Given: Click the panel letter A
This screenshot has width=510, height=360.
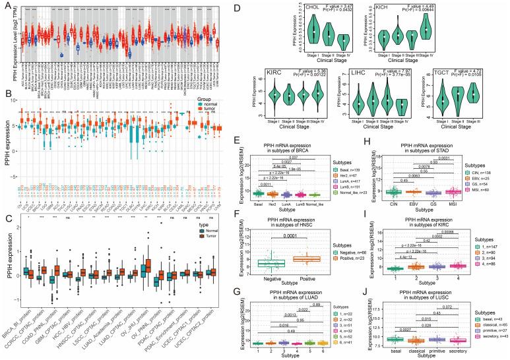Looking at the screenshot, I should click(x=5, y=5).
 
